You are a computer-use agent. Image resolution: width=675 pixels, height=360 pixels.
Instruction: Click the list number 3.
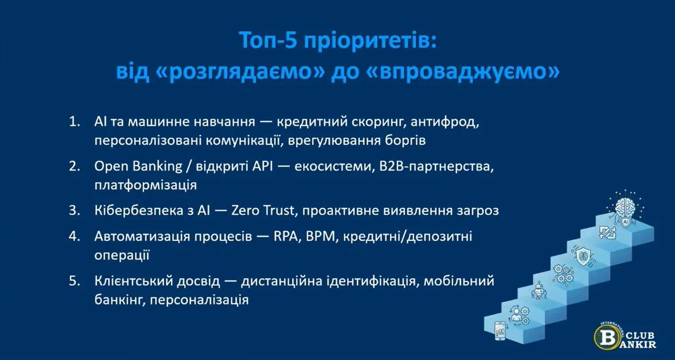[74, 210]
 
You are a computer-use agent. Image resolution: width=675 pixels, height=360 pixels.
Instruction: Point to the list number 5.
[74, 281]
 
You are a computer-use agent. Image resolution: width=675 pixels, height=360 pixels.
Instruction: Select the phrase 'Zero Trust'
[262, 210]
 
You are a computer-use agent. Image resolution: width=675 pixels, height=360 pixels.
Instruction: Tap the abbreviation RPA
[286, 236]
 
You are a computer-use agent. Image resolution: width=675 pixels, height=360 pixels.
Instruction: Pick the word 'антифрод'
[444, 122]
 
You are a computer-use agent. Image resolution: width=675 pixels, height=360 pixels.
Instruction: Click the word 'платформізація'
[145, 185]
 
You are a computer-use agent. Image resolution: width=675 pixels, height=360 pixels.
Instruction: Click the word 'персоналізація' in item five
[199, 300]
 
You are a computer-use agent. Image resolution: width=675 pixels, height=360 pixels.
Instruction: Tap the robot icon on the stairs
[538, 290]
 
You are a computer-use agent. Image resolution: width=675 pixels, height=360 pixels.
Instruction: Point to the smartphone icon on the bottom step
[500, 331]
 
